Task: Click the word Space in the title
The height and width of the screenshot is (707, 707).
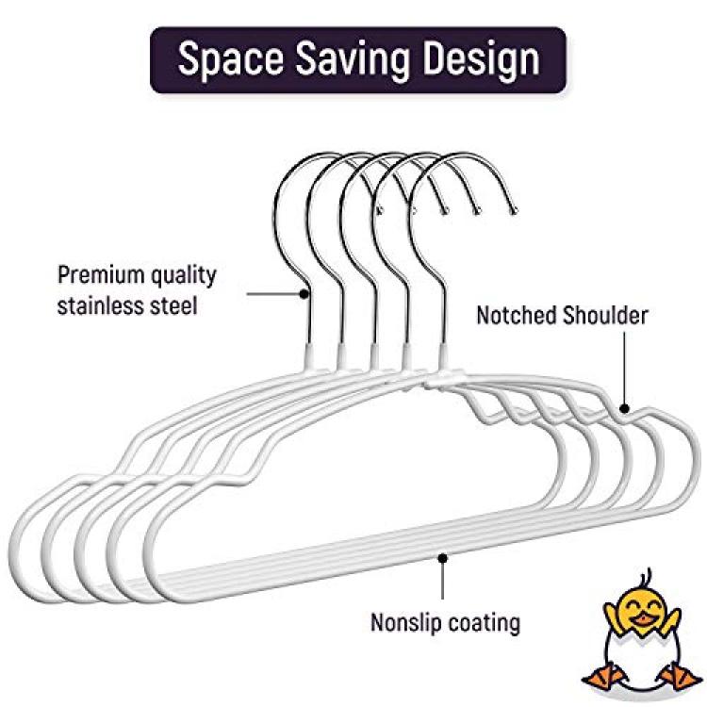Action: [x=231, y=59]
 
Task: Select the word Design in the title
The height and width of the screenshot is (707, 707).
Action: [x=481, y=60]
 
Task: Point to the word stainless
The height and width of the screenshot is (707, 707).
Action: [x=99, y=305]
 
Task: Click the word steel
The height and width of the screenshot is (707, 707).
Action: [x=174, y=305]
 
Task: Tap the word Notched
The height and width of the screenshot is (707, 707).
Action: [x=516, y=315]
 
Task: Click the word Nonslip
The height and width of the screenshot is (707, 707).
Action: [x=405, y=623]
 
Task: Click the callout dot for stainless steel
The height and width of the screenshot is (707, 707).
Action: [x=304, y=294]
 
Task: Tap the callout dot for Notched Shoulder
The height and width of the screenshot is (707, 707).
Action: [x=624, y=408]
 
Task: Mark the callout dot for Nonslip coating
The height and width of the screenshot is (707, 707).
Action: [x=443, y=558]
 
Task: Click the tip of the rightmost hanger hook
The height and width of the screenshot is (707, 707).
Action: [x=513, y=210]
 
